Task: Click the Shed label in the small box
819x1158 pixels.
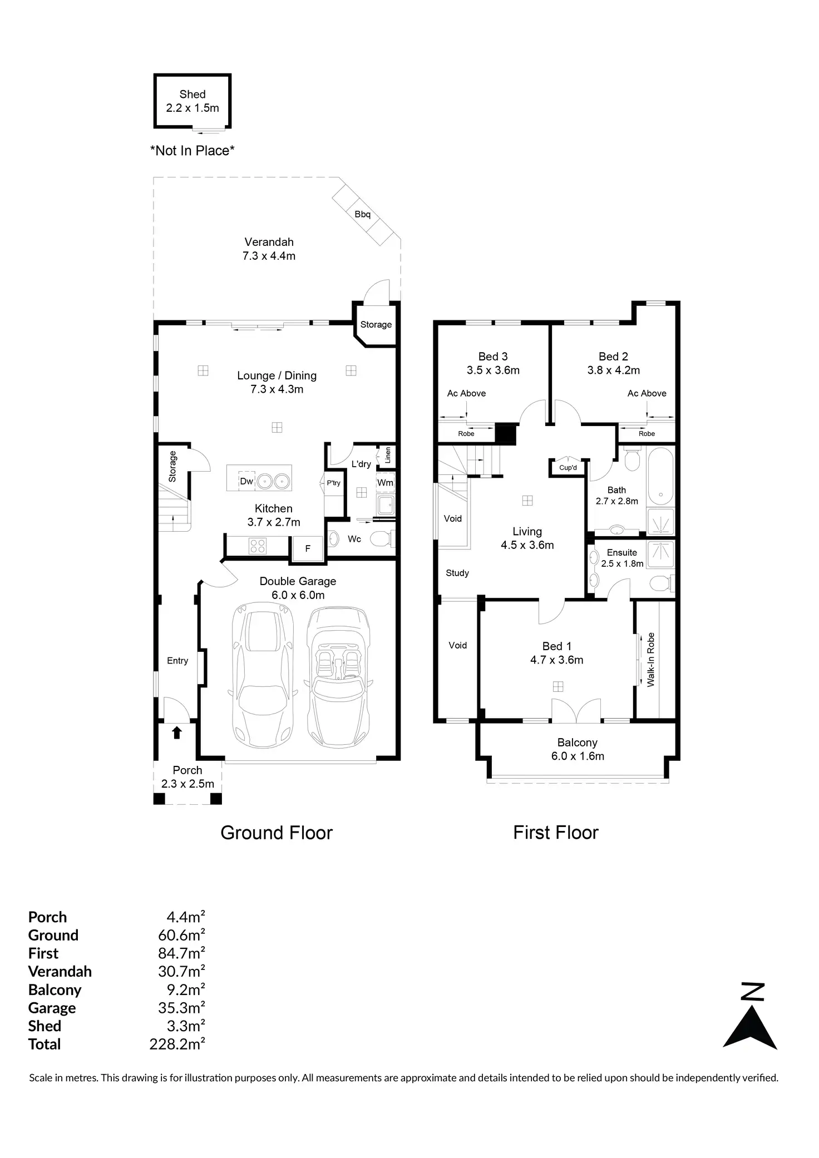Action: [x=193, y=95]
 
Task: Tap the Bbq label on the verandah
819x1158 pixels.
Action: [x=362, y=214]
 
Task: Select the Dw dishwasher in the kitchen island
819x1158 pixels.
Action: [x=246, y=481]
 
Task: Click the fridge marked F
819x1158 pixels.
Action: [x=308, y=548]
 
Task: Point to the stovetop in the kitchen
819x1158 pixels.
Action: [x=258, y=546]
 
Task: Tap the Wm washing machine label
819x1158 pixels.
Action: [x=385, y=483]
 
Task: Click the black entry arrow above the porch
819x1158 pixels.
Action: [x=177, y=733]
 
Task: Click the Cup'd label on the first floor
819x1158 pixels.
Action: [x=568, y=467]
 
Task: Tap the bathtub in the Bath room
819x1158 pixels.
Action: [x=660, y=474]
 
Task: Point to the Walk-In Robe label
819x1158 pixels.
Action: [x=651, y=660]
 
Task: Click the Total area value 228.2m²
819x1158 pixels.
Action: [x=177, y=1044]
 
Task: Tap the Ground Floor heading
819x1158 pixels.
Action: [x=277, y=833]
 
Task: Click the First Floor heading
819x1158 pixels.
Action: [x=555, y=833]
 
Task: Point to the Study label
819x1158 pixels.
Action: [x=457, y=573]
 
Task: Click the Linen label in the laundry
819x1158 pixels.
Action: [x=388, y=455]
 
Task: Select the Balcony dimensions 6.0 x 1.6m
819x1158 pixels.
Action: [x=578, y=756]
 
